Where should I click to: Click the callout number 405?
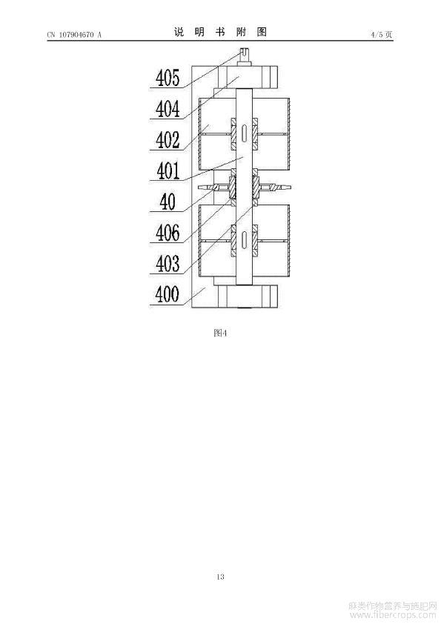(168, 78)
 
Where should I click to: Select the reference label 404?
(168, 109)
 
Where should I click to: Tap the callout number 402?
(168, 140)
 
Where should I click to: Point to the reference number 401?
(168, 171)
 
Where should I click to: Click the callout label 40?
(168, 202)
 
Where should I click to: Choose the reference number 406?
(168, 233)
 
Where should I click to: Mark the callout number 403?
(168, 263)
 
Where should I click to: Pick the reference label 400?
(168, 294)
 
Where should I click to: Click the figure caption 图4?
(220, 333)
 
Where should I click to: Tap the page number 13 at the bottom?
(221, 577)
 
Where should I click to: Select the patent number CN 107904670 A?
(74, 35)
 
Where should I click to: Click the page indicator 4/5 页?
(382, 35)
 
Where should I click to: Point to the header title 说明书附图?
(220, 32)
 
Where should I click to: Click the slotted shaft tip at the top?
(244, 53)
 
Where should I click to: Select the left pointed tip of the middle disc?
(198, 187)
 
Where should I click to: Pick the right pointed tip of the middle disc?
(289, 187)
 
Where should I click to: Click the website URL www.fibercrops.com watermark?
(393, 615)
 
